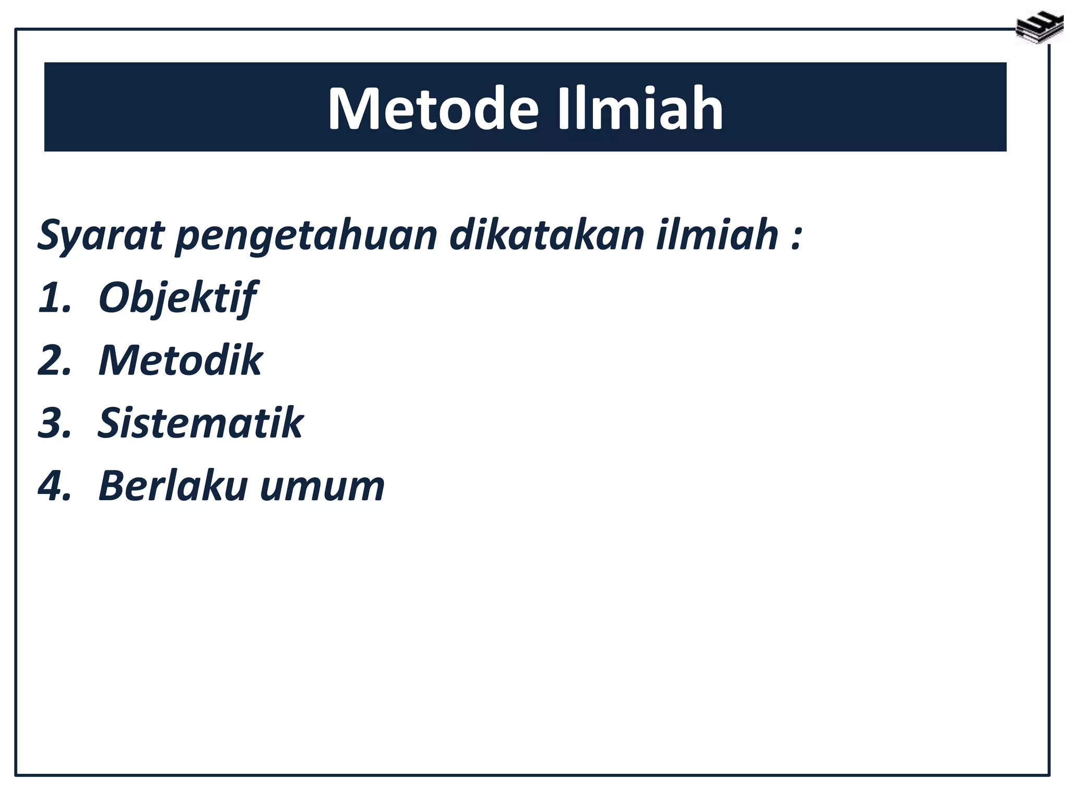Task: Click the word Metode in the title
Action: coord(433,109)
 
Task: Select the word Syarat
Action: coord(101,236)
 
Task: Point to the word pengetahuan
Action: coord(306,236)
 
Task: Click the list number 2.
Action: coord(54,360)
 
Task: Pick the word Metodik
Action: coord(180,360)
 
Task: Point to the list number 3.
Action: coord(54,423)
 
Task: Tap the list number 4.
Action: coord(54,486)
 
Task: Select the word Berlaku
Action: coord(172,486)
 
